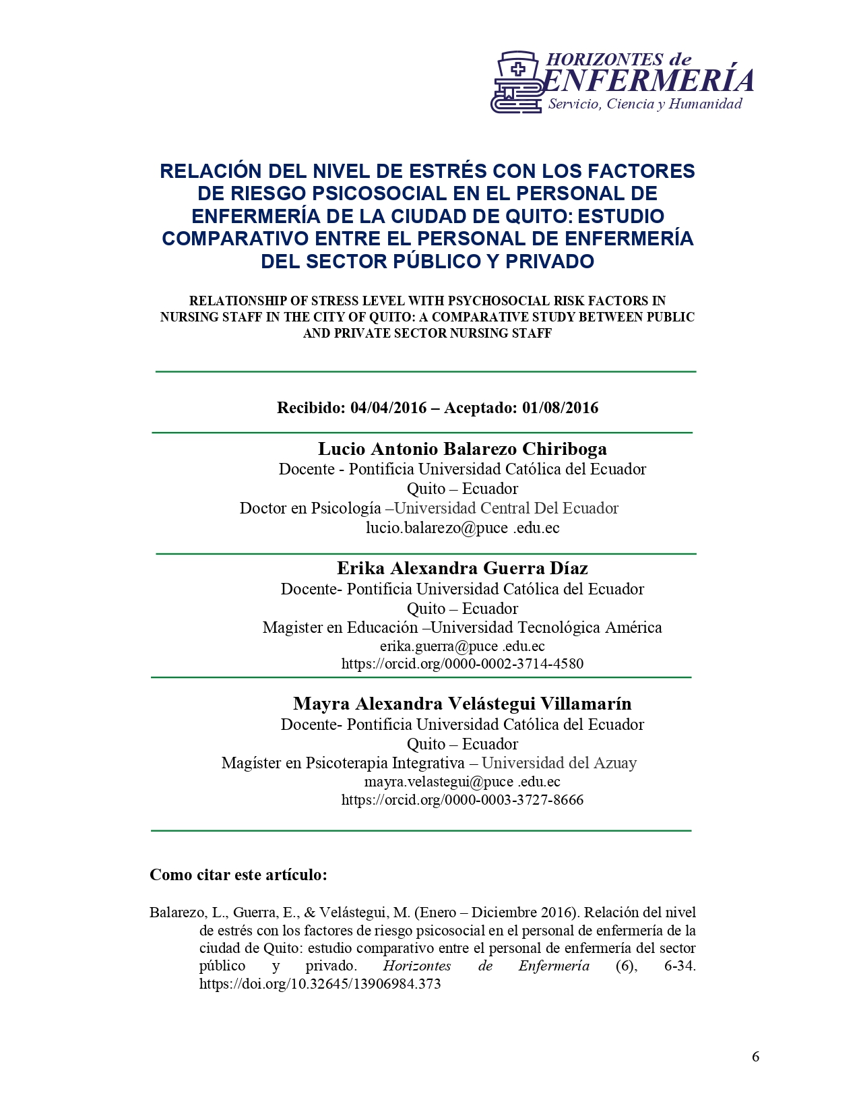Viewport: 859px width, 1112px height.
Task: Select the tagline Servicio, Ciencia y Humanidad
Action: click(645, 104)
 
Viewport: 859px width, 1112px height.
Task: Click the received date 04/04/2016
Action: click(389, 408)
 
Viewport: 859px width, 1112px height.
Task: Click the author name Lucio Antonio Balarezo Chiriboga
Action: click(462, 449)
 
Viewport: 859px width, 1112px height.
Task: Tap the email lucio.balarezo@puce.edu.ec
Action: click(462, 528)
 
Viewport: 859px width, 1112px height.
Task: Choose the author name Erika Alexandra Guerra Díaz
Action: click(462, 568)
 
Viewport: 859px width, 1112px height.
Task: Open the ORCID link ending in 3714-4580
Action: click(462, 664)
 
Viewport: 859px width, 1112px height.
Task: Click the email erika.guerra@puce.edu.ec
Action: click(462, 646)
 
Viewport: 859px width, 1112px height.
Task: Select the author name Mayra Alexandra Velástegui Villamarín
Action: click(462, 704)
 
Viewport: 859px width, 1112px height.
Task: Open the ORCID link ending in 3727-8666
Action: click(462, 800)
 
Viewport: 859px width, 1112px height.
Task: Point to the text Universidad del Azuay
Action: click(559, 763)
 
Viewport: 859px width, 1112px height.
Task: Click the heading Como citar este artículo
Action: click(238, 875)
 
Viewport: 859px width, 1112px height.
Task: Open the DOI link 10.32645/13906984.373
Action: click(320, 984)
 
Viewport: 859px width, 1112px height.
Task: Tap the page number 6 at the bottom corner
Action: click(755, 1057)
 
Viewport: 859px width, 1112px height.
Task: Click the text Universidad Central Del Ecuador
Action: click(506, 508)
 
